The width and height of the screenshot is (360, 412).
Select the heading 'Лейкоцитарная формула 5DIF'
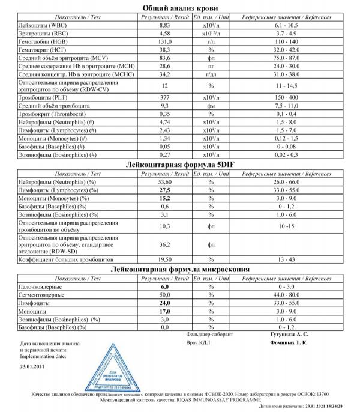tap(180, 164)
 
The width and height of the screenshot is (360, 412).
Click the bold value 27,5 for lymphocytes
tap(165, 189)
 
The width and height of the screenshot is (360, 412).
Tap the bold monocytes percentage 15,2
tap(165, 198)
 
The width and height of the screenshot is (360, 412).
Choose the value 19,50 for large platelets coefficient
tap(165, 261)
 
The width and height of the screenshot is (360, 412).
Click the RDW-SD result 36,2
tap(165, 244)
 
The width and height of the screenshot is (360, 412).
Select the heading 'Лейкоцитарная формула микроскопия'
tap(180, 270)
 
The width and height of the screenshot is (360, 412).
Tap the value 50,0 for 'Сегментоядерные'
tap(165, 295)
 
